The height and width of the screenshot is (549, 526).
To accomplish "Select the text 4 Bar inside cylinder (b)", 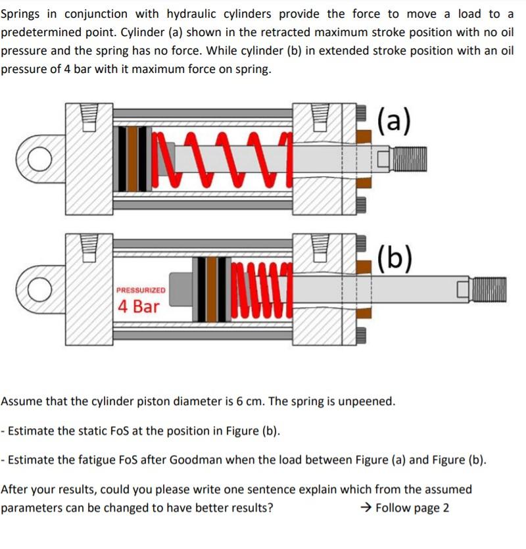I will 138,306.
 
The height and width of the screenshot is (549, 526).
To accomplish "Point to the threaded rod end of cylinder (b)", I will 488,290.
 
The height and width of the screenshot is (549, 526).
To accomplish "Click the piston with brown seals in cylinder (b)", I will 212,290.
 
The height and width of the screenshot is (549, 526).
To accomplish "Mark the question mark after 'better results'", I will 270,508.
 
